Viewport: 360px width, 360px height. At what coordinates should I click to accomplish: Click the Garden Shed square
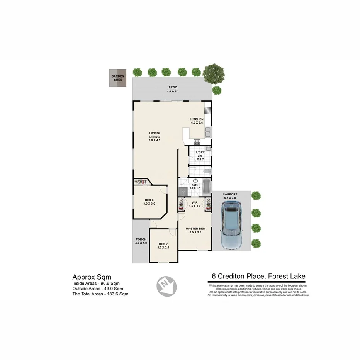[x=118, y=78]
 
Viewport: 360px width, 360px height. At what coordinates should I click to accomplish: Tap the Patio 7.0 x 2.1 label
[x=172, y=89]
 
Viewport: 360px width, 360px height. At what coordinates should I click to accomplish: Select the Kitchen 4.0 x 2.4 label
[x=197, y=121]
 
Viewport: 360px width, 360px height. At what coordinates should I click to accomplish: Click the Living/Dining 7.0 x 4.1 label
[x=155, y=137]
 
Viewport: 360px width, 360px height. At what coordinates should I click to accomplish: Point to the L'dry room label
[x=200, y=156]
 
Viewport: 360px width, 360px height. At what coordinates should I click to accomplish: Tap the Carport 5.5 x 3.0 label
[x=230, y=196]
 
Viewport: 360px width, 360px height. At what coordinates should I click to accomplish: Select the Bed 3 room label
[x=149, y=202]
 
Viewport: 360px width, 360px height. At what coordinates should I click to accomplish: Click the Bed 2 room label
[x=163, y=246]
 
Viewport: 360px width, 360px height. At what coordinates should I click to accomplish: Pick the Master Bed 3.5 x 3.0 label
[x=195, y=231]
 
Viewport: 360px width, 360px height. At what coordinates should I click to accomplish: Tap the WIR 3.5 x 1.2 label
[x=194, y=205]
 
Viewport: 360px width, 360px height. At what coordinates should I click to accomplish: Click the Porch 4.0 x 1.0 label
[x=141, y=241]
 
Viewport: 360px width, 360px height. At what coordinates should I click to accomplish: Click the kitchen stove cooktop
[x=197, y=142]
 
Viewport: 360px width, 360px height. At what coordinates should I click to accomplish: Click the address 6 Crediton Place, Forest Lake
[x=258, y=276]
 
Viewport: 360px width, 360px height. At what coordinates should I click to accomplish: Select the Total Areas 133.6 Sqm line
[x=100, y=294]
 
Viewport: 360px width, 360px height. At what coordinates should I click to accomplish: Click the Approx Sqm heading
[x=92, y=277]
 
